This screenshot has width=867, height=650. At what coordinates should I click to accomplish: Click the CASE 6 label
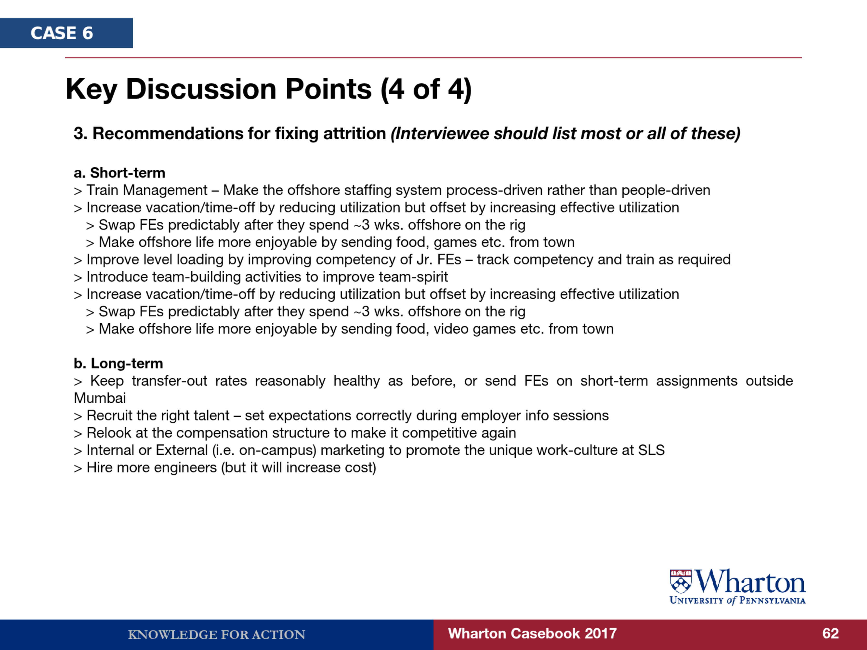62,33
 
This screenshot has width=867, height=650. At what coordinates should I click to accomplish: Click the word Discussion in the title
249,89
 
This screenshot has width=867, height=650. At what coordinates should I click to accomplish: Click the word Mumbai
100,398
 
